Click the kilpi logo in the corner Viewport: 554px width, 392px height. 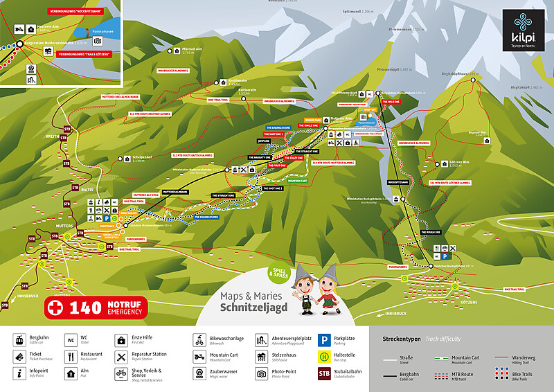(x=523, y=28)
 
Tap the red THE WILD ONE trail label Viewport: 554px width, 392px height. (x=390, y=102)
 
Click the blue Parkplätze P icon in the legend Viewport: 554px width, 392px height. (x=323, y=340)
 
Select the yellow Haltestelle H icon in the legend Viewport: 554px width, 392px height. (x=323, y=357)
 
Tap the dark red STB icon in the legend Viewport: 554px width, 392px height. (x=323, y=374)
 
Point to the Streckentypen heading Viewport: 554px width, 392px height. (x=402, y=339)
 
